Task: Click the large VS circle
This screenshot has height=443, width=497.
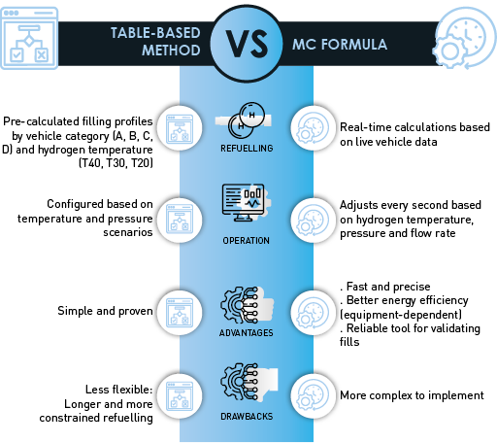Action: pos(247,44)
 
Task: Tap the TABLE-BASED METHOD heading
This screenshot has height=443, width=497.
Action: pos(155,42)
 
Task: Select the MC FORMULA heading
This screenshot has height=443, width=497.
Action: pos(340,45)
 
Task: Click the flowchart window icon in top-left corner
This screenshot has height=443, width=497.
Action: pos(29,38)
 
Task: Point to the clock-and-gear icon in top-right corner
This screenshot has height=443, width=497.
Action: pos(465,38)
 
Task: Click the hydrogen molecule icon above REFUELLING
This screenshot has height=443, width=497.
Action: pos(247,120)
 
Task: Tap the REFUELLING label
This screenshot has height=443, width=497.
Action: pos(247,149)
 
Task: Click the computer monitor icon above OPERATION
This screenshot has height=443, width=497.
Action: pos(244,203)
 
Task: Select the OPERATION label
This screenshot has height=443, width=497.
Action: pos(247,241)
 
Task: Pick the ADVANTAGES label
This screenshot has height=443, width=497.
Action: pos(247,333)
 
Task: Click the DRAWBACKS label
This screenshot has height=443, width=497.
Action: pos(247,417)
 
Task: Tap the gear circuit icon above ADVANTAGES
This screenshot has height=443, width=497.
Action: pos(240,305)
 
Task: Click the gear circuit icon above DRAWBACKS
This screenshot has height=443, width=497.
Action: pos(240,382)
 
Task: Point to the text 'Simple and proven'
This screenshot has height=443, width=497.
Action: pos(105,311)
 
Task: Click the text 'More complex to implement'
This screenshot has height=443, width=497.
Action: pos(412,395)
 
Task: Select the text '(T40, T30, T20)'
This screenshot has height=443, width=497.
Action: pos(116,163)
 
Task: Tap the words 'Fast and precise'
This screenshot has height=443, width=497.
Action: pos(388,287)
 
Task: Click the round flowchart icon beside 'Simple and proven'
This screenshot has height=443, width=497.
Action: pos(180,313)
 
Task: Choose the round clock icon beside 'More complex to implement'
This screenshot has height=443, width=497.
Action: pos(314,396)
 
